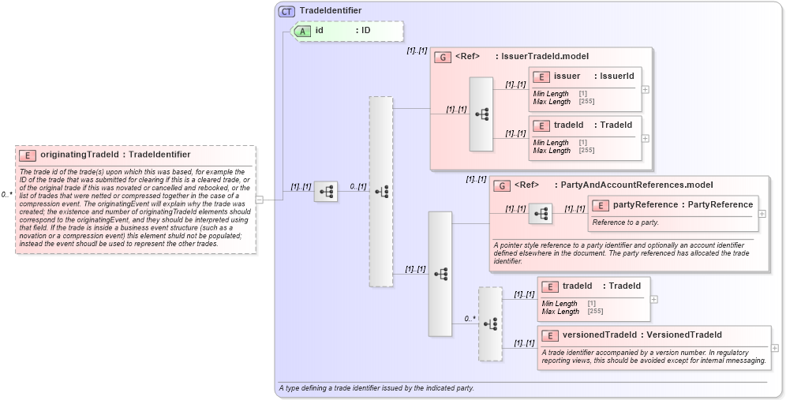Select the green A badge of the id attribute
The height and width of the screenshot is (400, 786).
coord(302,31)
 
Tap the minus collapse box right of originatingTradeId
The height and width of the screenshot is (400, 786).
coord(259,200)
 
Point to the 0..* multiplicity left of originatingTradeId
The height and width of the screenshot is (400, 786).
coord(6,194)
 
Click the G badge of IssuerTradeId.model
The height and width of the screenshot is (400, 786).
coord(444,57)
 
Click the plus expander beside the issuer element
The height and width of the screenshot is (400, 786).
coord(646,89)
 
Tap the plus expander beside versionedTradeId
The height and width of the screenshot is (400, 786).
coord(775,348)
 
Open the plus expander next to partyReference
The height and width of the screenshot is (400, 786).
coord(762,214)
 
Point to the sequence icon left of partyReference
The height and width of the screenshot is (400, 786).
coord(540,214)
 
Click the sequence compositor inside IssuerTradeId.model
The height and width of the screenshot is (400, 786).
coord(481,114)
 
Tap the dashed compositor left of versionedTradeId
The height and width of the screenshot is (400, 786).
coord(490,323)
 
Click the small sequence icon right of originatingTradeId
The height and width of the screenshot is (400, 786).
coord(326,192)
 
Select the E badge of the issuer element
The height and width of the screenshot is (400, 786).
coord(541,77)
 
